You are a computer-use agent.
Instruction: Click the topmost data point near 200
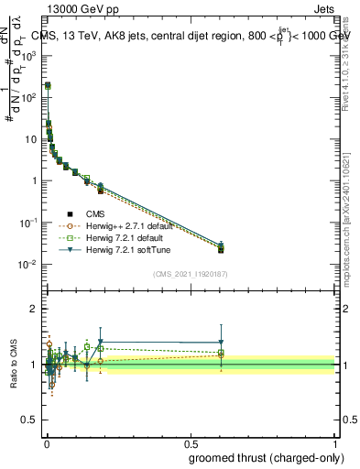48,85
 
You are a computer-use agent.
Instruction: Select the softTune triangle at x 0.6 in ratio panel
220,343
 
